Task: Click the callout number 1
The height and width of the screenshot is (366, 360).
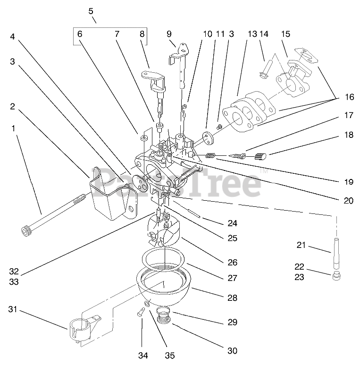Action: point(13,128)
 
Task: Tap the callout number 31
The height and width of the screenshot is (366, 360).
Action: point(13,309)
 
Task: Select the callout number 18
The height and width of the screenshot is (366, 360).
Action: point(348,136)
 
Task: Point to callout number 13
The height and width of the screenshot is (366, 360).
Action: point(252,34)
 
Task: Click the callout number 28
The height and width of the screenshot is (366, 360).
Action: point(232,298)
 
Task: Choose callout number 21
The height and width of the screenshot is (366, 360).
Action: point(301,245)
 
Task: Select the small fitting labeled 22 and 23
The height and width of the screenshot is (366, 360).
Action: point(335,275)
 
